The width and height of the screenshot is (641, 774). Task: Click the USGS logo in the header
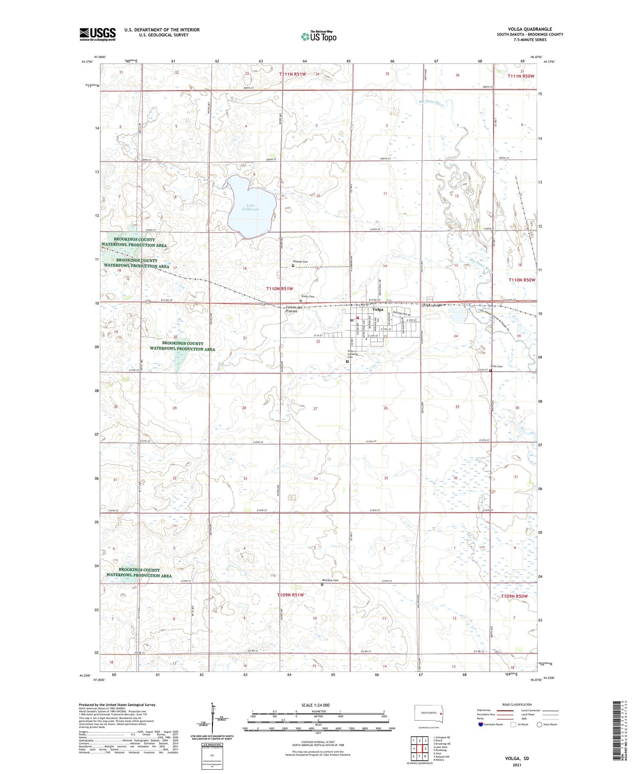(97, 34)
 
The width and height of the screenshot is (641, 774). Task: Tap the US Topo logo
(319, 37)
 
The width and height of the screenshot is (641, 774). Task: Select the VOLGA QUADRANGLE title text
(529, 29)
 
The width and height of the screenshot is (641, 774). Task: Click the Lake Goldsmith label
(250, 207)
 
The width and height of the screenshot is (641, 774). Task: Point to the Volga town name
(378, 309)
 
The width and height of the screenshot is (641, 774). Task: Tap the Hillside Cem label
(300, 262)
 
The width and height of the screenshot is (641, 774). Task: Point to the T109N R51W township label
(290, 595)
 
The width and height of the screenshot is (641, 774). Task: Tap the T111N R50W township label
(521, 76)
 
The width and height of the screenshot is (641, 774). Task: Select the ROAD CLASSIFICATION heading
(517, 704)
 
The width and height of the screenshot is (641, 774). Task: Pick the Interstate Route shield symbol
(480, 724)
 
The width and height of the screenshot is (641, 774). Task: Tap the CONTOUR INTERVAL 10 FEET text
(318, 742)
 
